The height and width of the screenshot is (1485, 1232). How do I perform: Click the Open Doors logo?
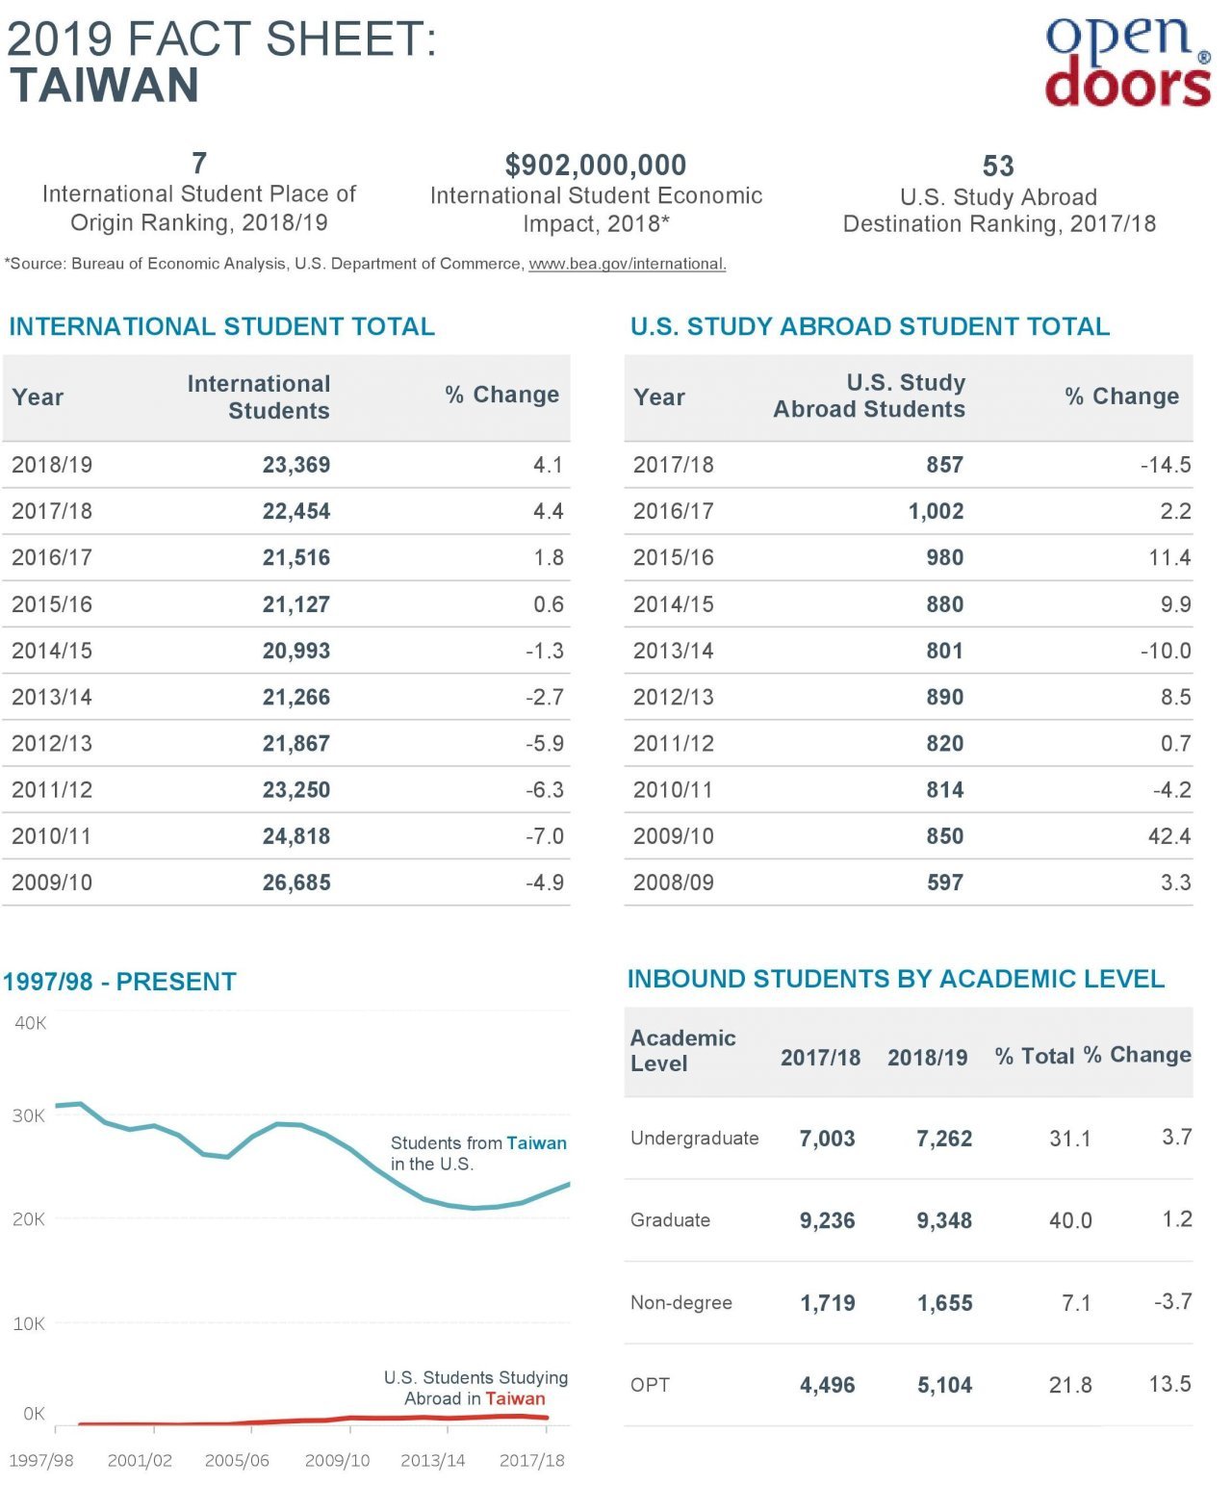pos(1128,62)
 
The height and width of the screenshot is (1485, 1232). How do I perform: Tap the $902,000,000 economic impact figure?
pos(596,165)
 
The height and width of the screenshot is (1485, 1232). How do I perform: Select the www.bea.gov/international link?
pos(627,264)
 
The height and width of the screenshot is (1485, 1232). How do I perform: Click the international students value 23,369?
pos(295,465)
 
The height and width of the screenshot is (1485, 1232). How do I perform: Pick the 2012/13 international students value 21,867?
pos(295,743)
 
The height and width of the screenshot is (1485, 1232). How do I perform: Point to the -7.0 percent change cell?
pos(544,835)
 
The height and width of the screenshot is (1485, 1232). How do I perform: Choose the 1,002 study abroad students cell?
pos(936,511)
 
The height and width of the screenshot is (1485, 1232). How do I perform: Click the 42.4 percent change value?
pos(1168,835)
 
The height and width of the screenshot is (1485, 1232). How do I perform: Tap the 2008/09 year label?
pos(673,882)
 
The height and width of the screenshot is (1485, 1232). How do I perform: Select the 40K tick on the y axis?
pos(31,1023)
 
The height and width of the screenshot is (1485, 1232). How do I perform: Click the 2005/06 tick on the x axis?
pos(237,1460)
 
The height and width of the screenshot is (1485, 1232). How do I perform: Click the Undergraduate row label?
pos(694,1138)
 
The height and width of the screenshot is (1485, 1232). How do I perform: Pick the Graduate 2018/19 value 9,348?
pos(944,1220)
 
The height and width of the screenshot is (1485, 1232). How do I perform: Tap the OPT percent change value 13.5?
pos(1169,1383)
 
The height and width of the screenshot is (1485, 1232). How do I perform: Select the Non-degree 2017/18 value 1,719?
pos(827,1303)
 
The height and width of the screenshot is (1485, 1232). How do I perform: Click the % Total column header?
pos(1035,1056)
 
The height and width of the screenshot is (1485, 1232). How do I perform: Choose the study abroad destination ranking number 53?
pos(998,166)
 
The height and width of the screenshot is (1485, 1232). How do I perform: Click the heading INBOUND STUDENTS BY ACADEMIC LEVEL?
pos(895,979)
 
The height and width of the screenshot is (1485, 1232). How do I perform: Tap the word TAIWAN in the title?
pos(104,86)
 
